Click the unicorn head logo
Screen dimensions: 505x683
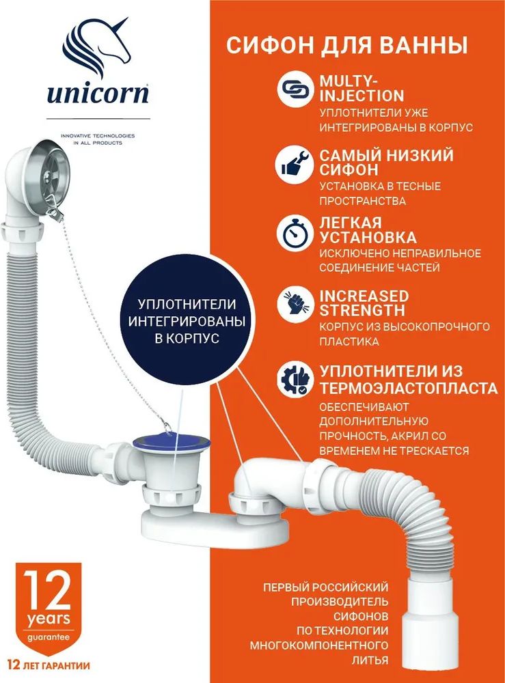click(x=96, y=47)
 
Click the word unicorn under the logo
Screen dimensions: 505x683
click(x=98, y=93)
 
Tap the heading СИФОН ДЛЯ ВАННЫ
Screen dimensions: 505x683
click(x=347, y=46)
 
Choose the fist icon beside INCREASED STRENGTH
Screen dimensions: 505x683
click(x=295, y=304)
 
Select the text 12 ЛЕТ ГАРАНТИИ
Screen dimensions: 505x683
click(x=49, y=665)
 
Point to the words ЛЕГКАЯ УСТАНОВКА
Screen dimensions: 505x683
click(x=368, y=230)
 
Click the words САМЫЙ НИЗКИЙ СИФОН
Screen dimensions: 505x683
click(x=387, y=162)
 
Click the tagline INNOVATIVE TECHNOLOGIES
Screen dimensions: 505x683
click(x=98, y=136)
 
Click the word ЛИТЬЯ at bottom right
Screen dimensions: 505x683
click(x=370, y=660)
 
